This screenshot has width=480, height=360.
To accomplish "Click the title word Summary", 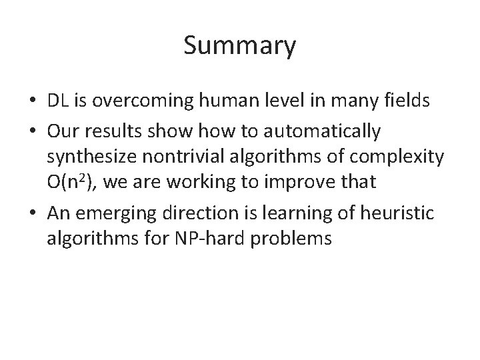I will click(239, 47).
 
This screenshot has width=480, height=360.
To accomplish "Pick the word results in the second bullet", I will click(114, 133).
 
